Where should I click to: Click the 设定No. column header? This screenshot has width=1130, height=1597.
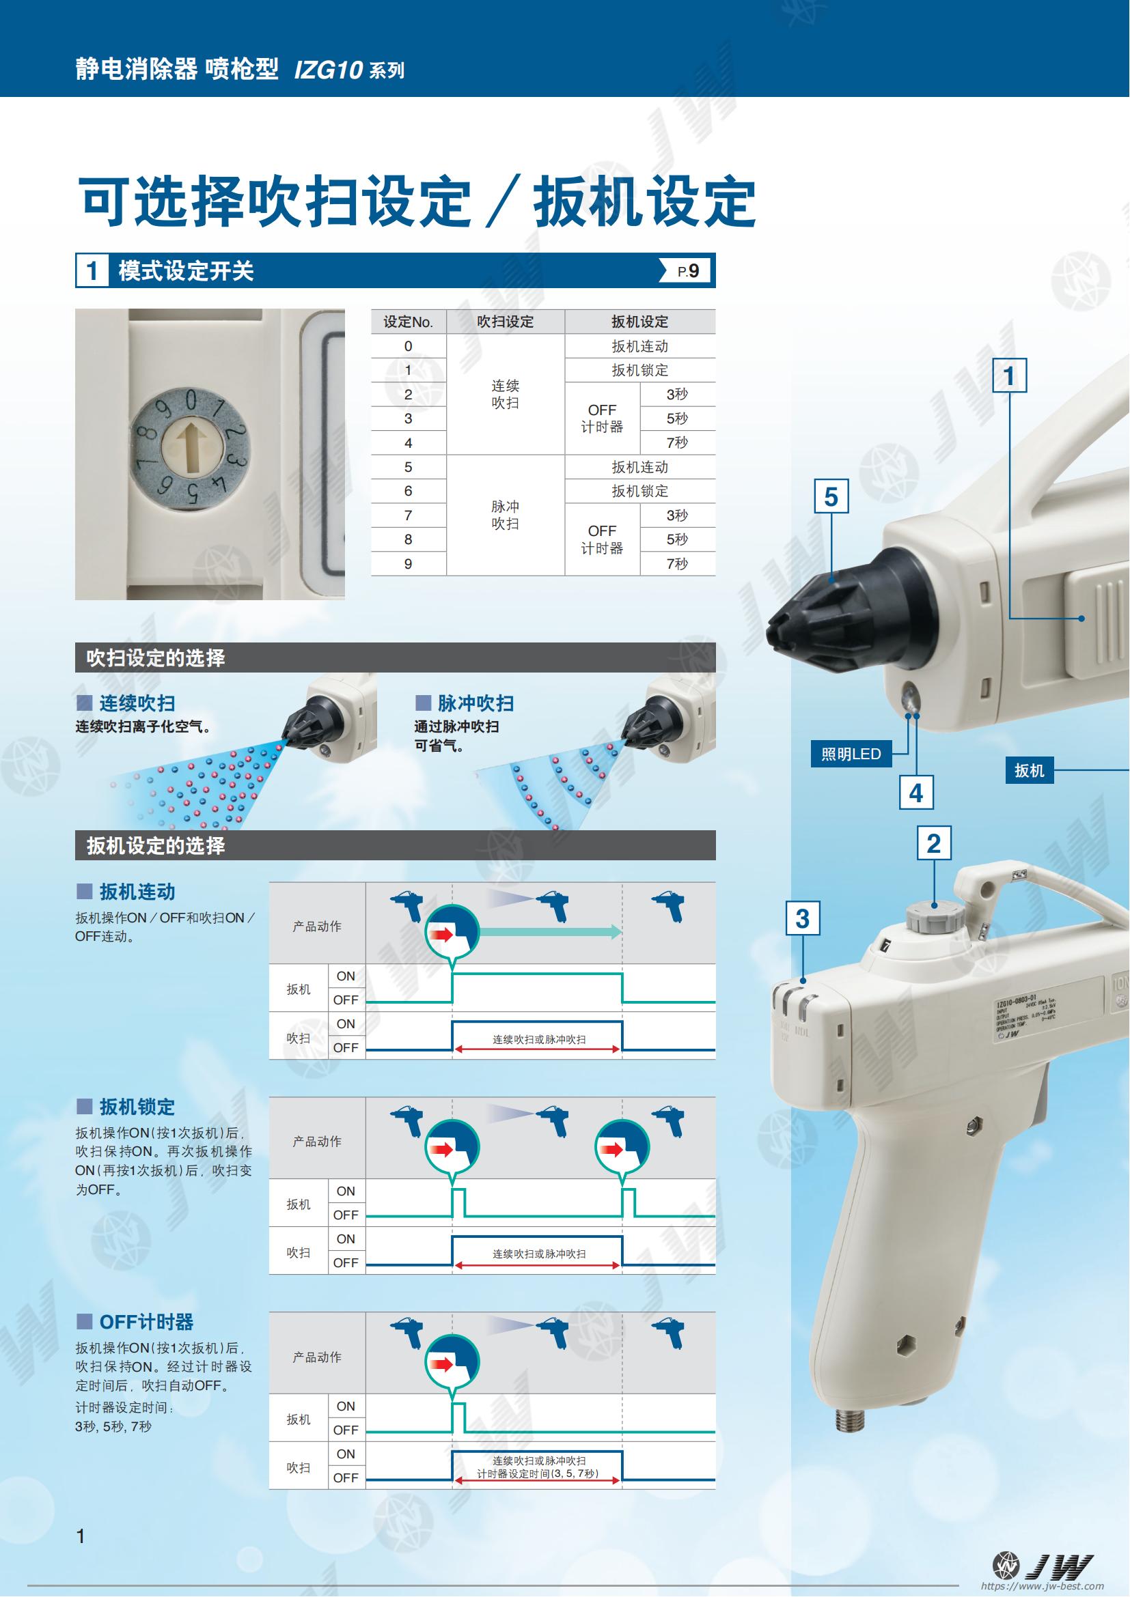[x=409, y=322]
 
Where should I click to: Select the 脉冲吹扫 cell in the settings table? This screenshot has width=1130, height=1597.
[x=505, y=515]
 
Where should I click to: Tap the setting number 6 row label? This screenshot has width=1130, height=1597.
[x=409, y=491]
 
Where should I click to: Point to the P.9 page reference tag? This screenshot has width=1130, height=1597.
[x=685, y=270]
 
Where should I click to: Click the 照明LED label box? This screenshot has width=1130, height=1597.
[x=851, y=754]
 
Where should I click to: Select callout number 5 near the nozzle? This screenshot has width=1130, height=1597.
[x=831, y=496]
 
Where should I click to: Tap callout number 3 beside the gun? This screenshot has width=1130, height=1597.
[x=802, y=918]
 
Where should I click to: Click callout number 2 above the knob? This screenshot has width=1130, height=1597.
[x=934, y=844]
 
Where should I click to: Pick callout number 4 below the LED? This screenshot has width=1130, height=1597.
[x=915, y=793]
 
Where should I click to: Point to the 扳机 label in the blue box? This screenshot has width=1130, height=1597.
[x=1029, y=771]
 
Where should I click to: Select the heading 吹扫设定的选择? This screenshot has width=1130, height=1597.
[x=155, y=658]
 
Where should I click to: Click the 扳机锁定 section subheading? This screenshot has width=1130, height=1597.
[x=137, y=1107]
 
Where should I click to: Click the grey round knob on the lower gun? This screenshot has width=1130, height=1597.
[x=935, y=919]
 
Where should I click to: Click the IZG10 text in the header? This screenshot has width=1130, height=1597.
[x=328, y=70]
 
